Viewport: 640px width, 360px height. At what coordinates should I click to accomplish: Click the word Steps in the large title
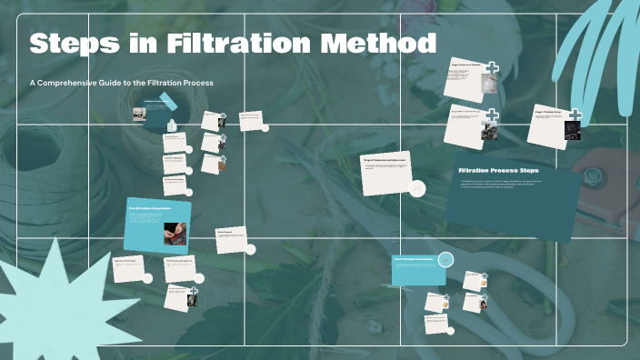[74, 44]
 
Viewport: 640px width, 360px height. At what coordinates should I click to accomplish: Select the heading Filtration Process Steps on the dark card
[498, 171]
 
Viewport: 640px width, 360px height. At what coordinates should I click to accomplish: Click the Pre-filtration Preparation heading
[150, 208]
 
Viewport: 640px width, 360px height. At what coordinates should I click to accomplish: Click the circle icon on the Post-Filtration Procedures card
[445, 260]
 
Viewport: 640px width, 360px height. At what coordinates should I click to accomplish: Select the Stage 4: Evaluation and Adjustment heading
[386, 159]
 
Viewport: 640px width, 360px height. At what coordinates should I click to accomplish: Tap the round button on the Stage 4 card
[417, 188]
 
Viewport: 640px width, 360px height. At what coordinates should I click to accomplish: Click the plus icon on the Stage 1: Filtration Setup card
[575, 115]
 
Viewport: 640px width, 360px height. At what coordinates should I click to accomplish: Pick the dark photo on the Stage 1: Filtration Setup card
[572, 131]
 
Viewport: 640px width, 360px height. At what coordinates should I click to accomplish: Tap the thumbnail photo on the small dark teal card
[139, 114]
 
